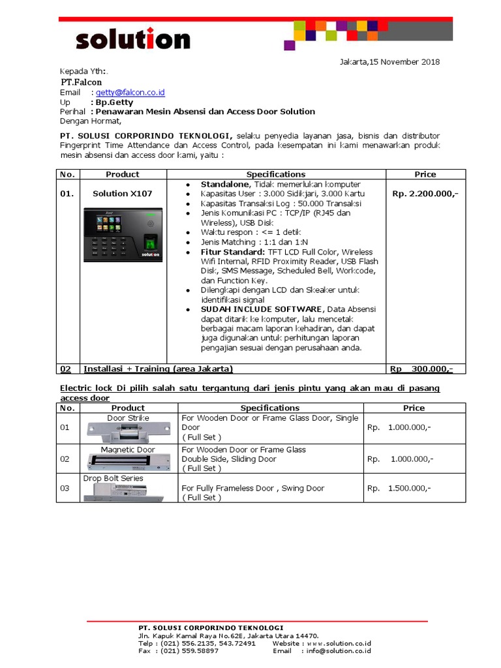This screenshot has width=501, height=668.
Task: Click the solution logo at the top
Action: coord(132,40)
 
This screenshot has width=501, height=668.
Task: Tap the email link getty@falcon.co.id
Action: coord(130,93)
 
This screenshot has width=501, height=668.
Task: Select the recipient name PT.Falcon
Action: coord(81,82)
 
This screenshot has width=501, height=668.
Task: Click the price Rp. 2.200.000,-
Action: coord(426,194)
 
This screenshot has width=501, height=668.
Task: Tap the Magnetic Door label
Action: coord(128,449)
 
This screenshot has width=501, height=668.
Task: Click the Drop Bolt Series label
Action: coord(113,478)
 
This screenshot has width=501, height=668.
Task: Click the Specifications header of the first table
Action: coord(275,174)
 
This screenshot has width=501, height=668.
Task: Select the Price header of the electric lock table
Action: coord(414,408)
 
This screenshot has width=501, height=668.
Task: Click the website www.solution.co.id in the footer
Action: coord(339,643)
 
